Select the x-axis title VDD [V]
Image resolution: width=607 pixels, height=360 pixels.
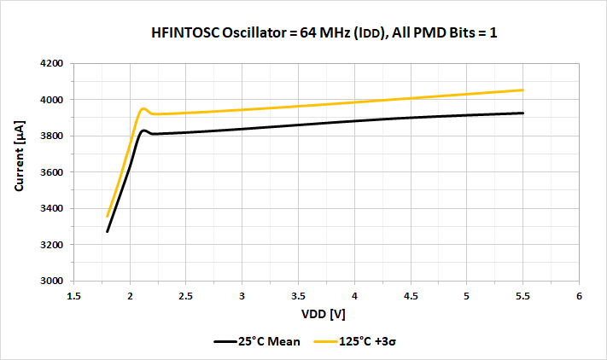[x=325, y=314]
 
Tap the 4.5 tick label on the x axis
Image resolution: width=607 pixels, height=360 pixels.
[x=410, y=296]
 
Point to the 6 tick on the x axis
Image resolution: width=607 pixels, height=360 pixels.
[x=578, y=296]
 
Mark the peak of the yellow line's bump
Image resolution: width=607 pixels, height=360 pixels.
[x=143, y=108]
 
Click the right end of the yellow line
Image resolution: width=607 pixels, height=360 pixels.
[x=522, y=90]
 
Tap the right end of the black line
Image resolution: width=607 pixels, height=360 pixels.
[x=522, y=113]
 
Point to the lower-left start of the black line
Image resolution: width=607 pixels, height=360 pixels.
[x=108, y=231]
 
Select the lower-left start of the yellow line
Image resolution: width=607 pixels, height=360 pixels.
[x=108, y=216]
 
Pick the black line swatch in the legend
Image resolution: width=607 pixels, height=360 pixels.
[x=225, y=341]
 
